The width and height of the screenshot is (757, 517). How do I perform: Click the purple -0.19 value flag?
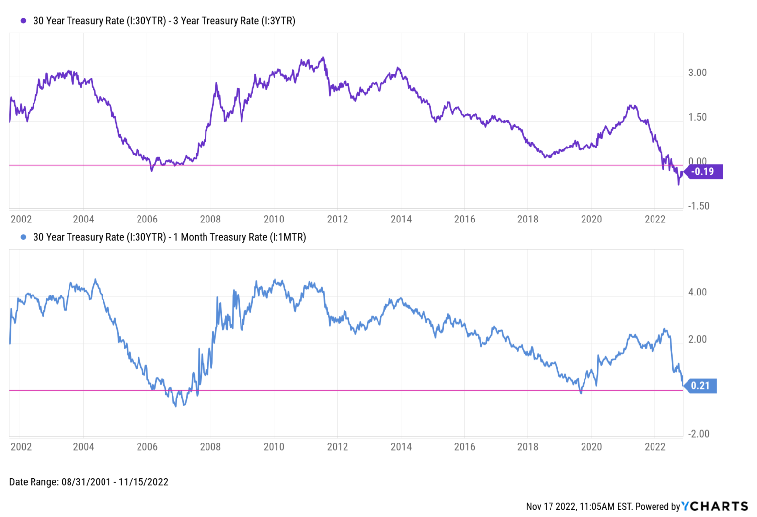(x=703, y=172)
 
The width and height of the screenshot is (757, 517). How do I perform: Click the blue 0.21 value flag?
(x=700, y=386)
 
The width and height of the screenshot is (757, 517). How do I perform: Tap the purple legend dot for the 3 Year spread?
(x=23, y=21)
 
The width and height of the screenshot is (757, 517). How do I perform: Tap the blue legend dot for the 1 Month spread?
(x=23, y=237)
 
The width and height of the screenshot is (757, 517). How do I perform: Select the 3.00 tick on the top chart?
(x=697, y=73)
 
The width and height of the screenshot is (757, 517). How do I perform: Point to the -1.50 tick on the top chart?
(x=698, y=206)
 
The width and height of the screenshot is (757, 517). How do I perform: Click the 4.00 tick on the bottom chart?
(x=697, y=292)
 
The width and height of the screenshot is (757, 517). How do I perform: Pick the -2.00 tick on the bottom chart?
(x=698, y=434)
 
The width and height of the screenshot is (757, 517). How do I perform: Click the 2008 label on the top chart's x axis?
(x=210, y=219)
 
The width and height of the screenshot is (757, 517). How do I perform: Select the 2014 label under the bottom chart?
(x=401, y=447)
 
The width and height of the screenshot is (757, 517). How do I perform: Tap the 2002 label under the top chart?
(x=21, y=219)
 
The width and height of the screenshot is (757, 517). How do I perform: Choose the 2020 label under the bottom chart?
(x=591, y=447)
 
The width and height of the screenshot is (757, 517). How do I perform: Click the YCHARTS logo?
(x=715, y=506)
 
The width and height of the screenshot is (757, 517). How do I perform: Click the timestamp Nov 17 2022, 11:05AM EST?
(x=579, y=506)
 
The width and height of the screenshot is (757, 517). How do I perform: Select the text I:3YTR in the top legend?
(x=279, y=21)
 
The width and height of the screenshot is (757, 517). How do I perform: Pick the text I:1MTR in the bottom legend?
(x=287, y=237)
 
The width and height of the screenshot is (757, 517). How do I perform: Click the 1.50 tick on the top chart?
(x=697, y=117)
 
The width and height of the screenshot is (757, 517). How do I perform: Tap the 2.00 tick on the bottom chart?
(x=697, y=339)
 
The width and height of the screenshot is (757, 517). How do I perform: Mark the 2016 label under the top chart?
(x=464, y=219)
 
